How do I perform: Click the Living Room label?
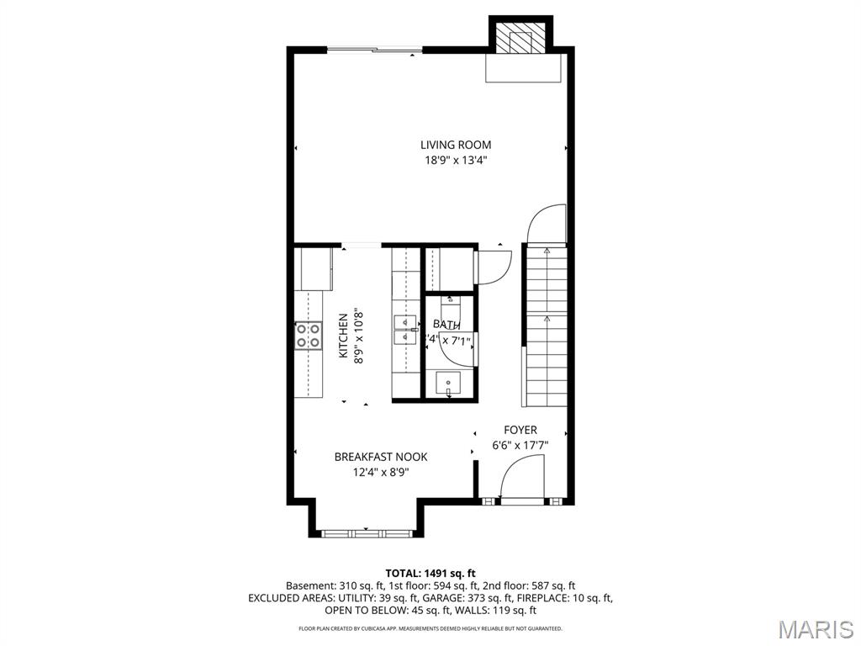[x=456, y=145]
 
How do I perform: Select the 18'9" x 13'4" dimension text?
[x=456, y=161]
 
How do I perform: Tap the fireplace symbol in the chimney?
[x=521, y=39]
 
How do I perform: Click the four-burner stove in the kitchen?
[x=308, y=336]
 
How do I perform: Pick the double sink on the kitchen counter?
[x=405, y=330]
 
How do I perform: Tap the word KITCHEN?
[x=343, y=336]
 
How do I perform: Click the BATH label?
[x=446, y=325]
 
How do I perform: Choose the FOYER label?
[x=520, y=430]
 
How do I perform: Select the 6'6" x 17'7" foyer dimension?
[x=520, y=446]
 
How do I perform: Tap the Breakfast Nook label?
[x=380, y=457]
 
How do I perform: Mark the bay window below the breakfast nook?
[x=366, y=532]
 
